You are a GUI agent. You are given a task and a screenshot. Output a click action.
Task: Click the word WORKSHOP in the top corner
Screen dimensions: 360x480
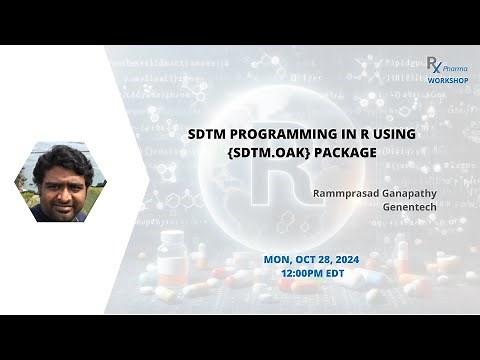(447, 79)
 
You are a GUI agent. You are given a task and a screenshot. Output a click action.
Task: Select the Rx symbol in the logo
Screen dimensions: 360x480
(434, 64)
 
